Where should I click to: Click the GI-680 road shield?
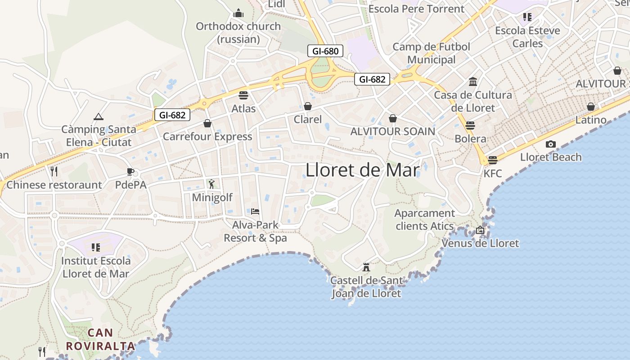pos(325,51)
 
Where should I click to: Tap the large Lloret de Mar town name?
pos(362,170)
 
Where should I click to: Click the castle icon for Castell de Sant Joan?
pos(366,267)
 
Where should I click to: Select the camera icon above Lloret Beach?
pos(550,144)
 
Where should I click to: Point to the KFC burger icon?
pos(493,160)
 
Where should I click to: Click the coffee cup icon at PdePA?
pos(130,171)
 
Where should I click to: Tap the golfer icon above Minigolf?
pos(212,184)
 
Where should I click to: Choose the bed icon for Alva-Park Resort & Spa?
pos(255,211)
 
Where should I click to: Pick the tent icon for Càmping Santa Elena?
pos(99,117)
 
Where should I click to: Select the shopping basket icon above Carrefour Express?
pos(207,123)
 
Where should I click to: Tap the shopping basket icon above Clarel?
pos(308,106)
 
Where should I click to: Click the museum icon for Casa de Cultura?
pos(473,82)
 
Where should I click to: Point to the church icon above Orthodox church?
pos(238,13)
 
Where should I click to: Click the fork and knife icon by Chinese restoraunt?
pos(54,171)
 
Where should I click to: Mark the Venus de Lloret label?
pos(480,243)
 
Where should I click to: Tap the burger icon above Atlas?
pos(243,95)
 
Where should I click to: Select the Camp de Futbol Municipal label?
pos(431,53)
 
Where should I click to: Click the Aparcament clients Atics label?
pos(425,220)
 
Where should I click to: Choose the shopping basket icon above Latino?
pos(591,107)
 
